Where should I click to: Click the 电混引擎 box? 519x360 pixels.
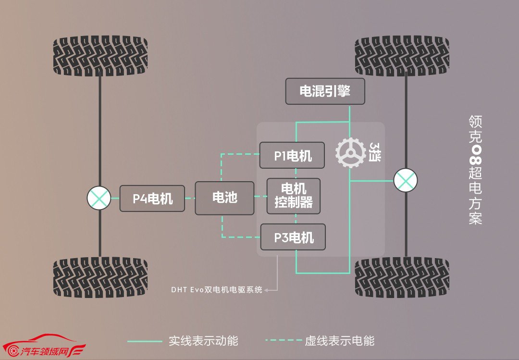coord(325,91)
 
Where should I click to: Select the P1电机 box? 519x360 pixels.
coord(292,155)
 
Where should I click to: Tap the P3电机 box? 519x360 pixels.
coord(293,237)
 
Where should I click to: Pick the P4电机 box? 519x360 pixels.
coord(152,199)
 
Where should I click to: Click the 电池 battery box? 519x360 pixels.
coord(224,198)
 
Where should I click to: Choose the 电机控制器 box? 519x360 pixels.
coord(294,196)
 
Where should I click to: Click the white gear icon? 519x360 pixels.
coord(350,153)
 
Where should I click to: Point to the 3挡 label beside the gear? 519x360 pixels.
coord(375,152)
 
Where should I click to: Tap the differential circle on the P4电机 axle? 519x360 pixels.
coord(99,198)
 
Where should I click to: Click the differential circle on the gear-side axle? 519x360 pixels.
coord(406,181)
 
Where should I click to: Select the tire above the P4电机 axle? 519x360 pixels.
coord(100,56)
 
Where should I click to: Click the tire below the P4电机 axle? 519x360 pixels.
coord(100,277)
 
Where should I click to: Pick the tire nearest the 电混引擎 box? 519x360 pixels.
coord(402,56)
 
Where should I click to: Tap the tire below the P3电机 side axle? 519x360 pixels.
coord(402,277)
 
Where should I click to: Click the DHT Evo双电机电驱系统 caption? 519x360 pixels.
coord(216,290)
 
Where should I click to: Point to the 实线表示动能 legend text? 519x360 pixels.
coord(203,341)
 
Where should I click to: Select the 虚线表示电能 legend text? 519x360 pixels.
coord(340,341)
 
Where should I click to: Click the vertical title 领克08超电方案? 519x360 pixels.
coord(475,170)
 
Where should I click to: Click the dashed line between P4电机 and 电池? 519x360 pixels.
coord(190,199)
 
